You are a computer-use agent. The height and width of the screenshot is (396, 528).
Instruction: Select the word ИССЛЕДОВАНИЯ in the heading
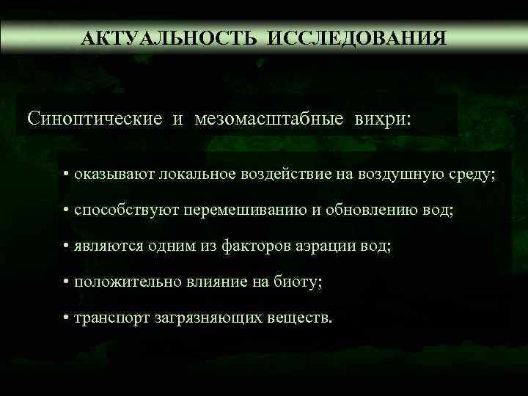pyautogui.click(x=356, y=37)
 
